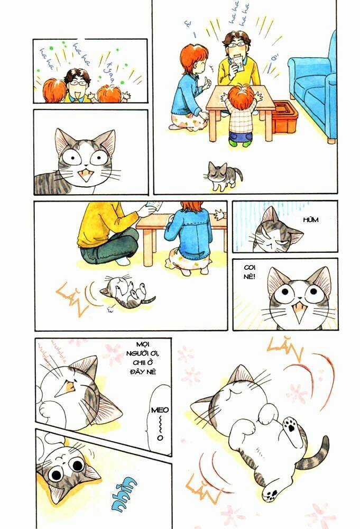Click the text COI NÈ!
(x=247, y=273)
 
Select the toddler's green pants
(x=241, y=138)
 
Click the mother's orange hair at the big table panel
(x=192, y=59)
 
